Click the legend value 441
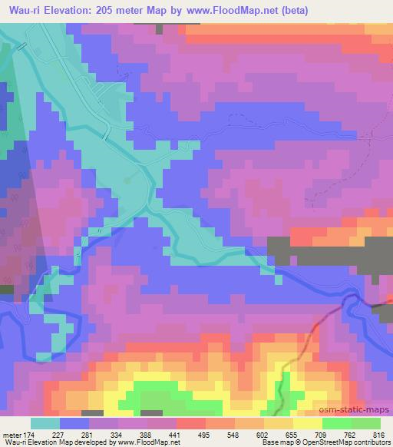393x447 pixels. point(176,434)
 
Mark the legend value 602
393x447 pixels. point(263,434)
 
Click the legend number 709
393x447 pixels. point(322,434)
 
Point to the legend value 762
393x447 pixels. point(351,434)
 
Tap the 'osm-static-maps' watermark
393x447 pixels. point(359,411)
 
